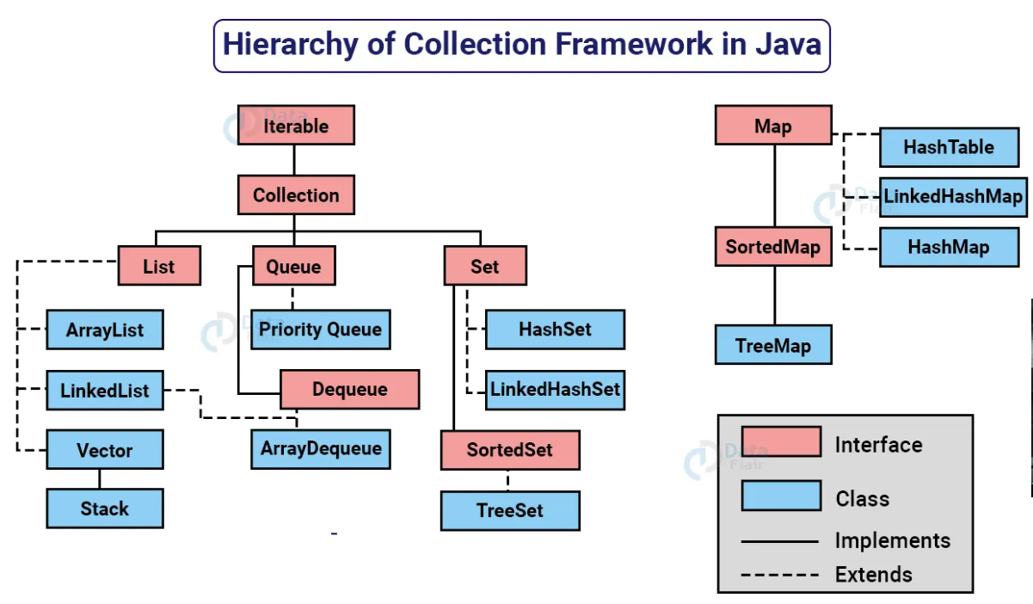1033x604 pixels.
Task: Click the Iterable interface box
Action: coord(296,126)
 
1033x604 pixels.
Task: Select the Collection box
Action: coord(296,195)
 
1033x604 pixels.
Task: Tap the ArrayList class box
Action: coord(105,330)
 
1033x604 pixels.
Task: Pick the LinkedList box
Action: coord(105,391)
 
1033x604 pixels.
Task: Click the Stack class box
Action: coord(105,508)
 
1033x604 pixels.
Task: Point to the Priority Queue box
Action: coord(320,330)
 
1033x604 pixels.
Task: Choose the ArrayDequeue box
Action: coord(320,449)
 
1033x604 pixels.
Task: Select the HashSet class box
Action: coord(555,330)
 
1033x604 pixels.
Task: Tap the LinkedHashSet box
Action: coord(555,389)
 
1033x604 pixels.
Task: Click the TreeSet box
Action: coord(510,510)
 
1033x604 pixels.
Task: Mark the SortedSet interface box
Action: coord(510,450)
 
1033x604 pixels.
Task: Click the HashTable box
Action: coord(949,147)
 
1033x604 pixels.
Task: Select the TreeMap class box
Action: coord(773,346)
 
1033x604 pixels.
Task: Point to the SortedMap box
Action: coord(773,247)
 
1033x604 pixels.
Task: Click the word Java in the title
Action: coord(789,44)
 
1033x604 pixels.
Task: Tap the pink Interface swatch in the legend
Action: coord(780,443)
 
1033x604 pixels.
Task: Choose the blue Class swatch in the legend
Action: coord(780,496)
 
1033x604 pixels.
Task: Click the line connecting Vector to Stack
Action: coord(100,479)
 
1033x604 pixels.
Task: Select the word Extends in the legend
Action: coord(873,574)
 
